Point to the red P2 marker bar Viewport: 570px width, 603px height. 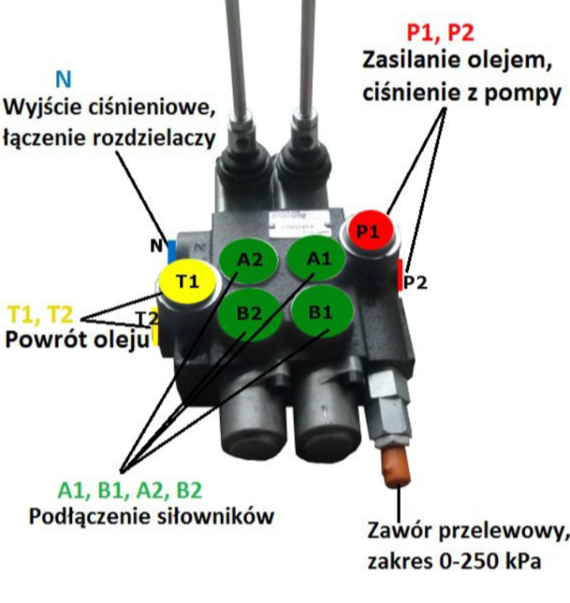point(398,273)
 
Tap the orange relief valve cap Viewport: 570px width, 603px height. point(395,466)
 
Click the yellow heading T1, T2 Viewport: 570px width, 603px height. point(40,315)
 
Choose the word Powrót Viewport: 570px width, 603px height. point(50,341)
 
